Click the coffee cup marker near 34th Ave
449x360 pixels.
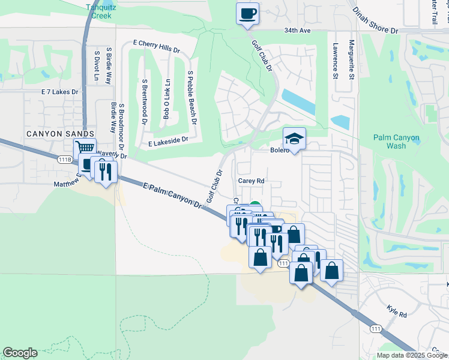247,13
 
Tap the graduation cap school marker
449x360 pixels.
294,139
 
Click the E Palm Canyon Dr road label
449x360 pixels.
172,196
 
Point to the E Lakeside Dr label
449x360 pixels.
168,141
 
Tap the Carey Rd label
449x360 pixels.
252,181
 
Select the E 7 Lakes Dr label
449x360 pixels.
59,92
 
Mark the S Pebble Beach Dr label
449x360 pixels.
192,97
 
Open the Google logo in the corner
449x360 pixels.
20,353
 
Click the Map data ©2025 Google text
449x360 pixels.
411,355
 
